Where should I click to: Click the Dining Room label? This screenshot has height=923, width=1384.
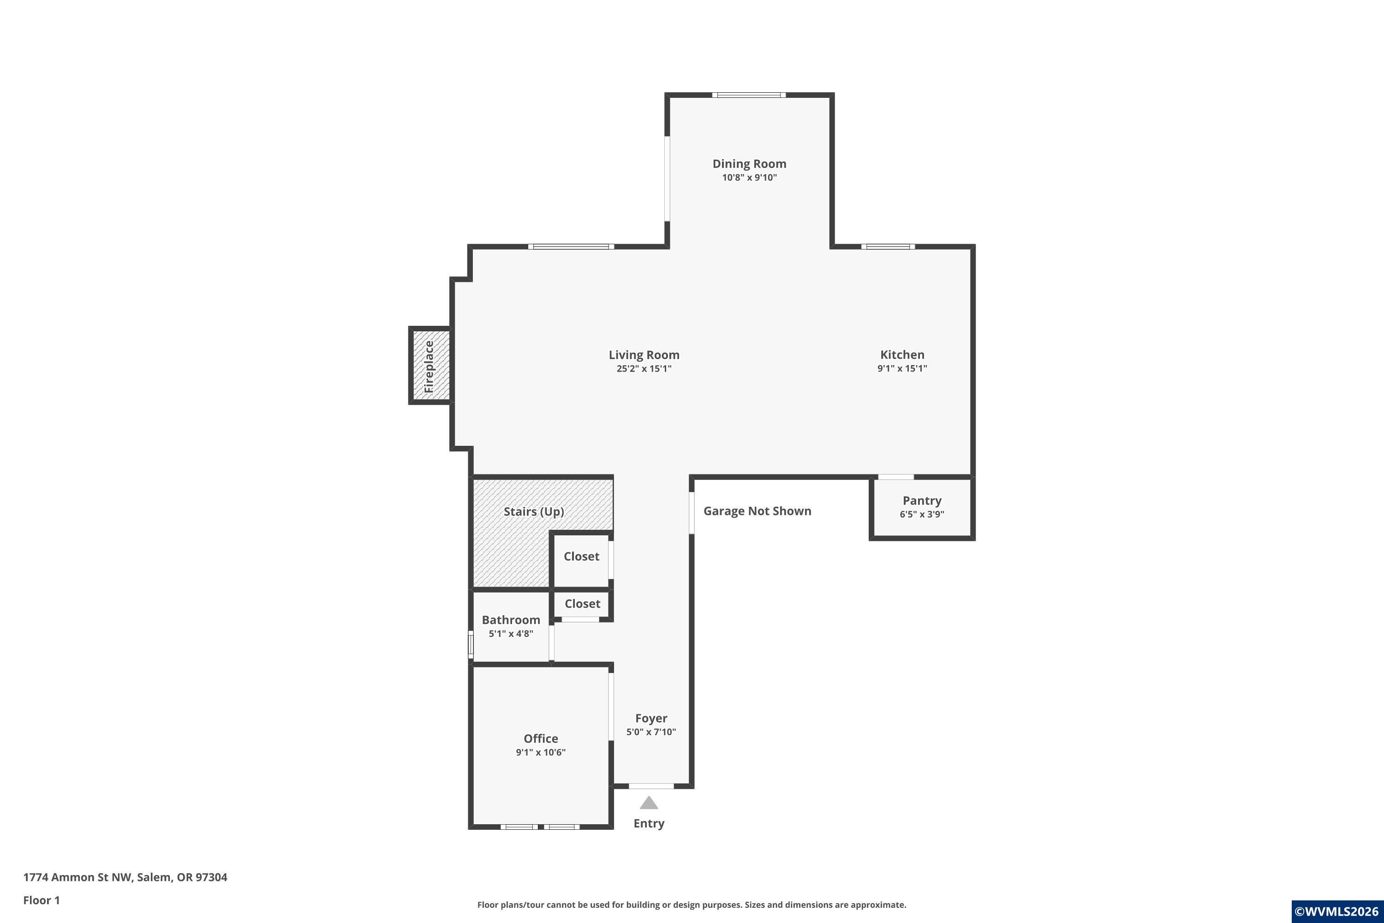click(x=749, y=164)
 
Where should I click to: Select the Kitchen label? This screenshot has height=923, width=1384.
click(x=902, y=354)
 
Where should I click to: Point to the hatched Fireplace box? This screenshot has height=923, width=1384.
click(x=430, y=366)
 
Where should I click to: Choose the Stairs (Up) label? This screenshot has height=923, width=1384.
click(x=534, y=511)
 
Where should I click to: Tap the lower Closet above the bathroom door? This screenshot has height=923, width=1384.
click(x=582, y=605)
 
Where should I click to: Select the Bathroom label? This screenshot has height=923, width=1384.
click(x=511, y=620)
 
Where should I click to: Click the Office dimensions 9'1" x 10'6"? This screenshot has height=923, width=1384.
click(x=541, y=752)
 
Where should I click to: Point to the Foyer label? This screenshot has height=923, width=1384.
click(x=651, y=718)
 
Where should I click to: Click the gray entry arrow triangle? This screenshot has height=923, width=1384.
click(x=649, y=803)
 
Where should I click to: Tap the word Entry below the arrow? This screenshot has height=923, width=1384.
click(x=649, y=823)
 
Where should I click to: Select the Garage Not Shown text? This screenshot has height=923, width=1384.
click(x=758, y=511)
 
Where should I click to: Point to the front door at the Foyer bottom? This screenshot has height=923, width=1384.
click(x=651, y=786)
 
